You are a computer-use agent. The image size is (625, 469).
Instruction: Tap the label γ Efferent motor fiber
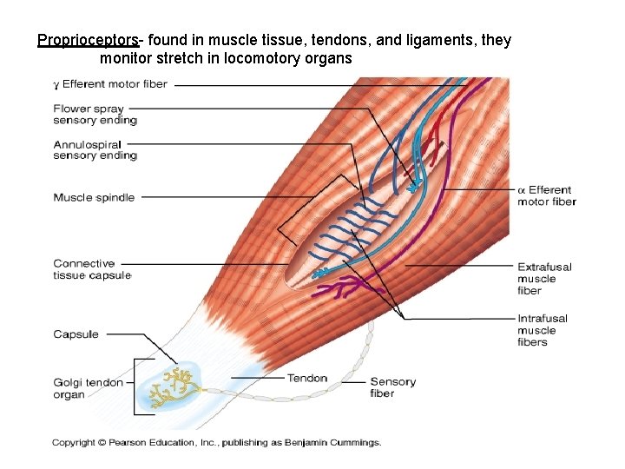tap(110, 84)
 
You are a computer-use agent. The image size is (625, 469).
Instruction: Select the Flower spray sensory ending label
tap(95, 115)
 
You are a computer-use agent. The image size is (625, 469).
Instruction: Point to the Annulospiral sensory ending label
tap(95, 149)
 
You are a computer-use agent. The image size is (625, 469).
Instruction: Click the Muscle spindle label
tap(94, 197)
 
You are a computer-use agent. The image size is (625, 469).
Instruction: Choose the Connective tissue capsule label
tap(92, 269)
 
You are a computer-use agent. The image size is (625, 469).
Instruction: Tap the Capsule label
tap(76, 334)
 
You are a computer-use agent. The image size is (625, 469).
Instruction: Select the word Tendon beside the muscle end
tap(307, 378)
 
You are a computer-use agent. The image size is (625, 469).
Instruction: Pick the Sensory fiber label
tap(392, 387)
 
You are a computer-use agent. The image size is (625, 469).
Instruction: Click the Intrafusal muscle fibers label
tap(543, 330)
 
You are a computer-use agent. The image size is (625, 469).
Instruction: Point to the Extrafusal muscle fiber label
tap(544, 279)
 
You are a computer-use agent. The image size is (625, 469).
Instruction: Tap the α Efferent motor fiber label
tap(546, 195)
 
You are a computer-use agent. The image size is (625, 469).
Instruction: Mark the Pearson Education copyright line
tap(216, 443)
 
